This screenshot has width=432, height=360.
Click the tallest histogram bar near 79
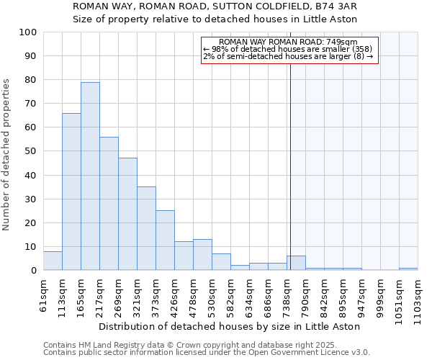[90, 176]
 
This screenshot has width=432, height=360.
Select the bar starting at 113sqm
[71, 192]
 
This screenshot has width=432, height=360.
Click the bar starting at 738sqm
[296, 263]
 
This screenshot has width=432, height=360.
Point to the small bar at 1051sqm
[408, 269]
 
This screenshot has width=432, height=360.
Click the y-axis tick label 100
[28, 32]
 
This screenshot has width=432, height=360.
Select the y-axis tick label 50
[31, 151]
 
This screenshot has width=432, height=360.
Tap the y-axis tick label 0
[34, 271]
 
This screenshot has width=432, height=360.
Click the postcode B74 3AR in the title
[344, 6]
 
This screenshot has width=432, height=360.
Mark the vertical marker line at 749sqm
[290, 166]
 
